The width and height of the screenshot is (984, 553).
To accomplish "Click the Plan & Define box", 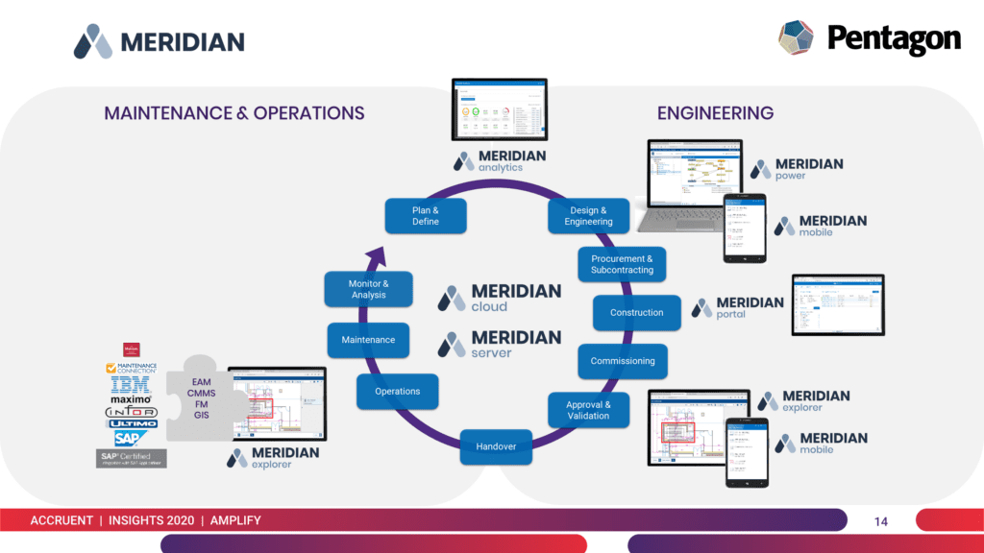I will point(426,216).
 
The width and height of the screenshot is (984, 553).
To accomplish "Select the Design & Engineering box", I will point(588,216).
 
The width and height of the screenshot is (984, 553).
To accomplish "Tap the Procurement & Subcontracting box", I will point(622,265).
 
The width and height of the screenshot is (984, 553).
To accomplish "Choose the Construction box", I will point(636,313).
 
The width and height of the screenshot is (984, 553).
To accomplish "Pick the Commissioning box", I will point(623,361).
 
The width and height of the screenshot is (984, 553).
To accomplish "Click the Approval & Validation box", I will point(588,410).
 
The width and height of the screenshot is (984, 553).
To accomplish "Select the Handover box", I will point(496,446).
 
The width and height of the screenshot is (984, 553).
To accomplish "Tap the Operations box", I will point(398,392).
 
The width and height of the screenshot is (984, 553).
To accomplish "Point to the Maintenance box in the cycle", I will point(368,340).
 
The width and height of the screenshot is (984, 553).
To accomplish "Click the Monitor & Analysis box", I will point(368,289).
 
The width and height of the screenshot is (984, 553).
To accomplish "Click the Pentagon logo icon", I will point(796,38).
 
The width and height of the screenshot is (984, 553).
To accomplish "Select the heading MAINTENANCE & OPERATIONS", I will point(234,113).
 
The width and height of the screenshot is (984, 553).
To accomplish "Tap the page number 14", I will point(880,521).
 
